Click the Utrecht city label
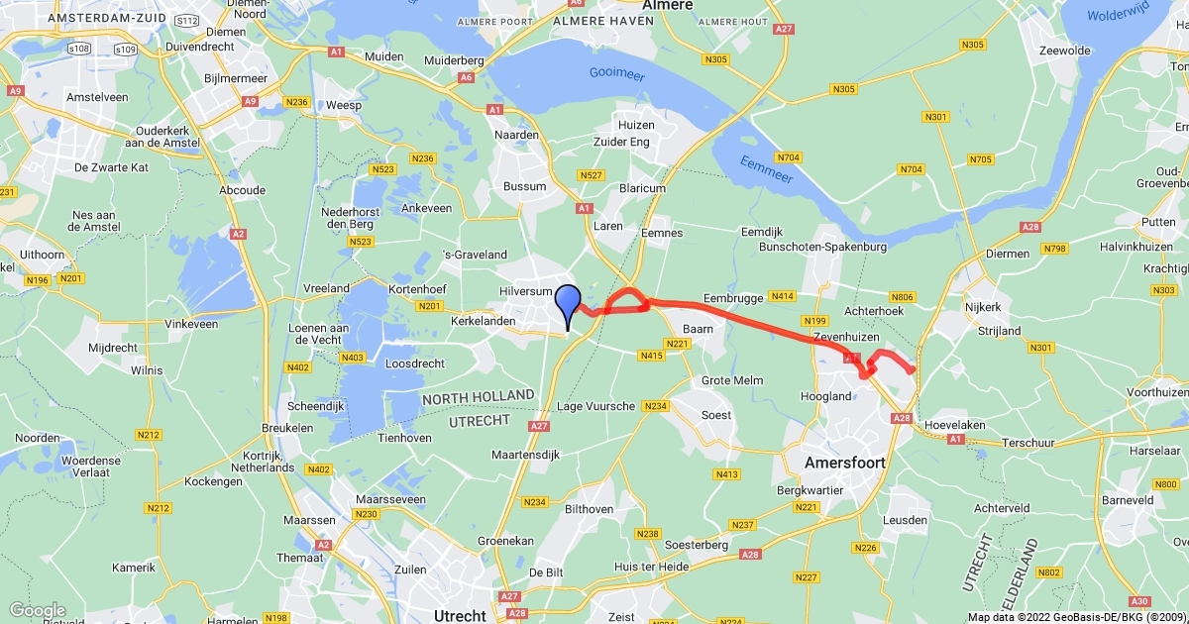tap(460, 615)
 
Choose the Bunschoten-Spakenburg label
tap(822, 246)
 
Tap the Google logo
tap(37, 610)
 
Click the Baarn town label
tap(698, 329)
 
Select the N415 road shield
tap(652, 355)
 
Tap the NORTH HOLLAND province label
tap(479, 396)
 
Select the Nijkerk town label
tap(983, 307)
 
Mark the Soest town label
tap(715, 415)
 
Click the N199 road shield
tap(815, 321)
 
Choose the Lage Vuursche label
tap(595, 406)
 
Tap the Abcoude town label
tap(243, 190)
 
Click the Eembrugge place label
tap(732, 297)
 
